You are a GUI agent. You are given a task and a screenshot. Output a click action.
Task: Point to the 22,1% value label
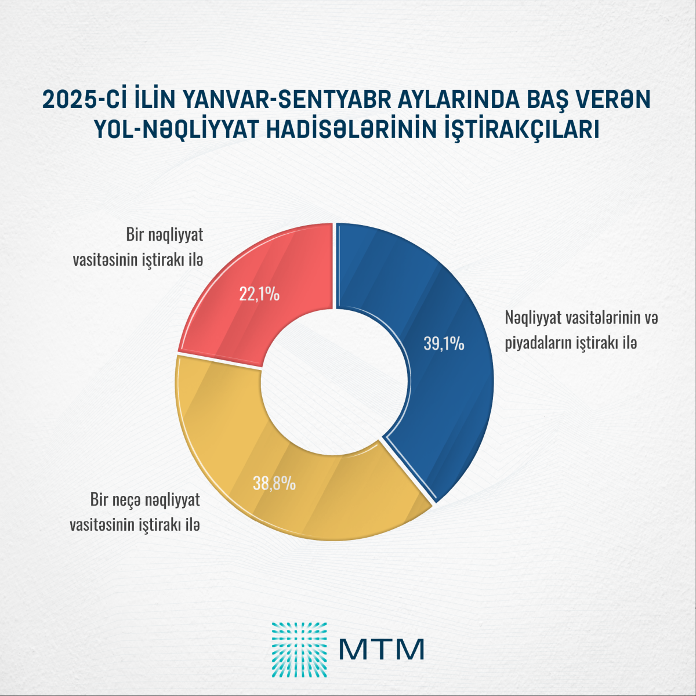pyautogui.click(x=259, y=295)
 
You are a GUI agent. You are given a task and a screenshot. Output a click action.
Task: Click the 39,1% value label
pyautogui.click(x=444, y=344)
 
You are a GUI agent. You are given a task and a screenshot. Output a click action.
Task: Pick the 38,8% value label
pyautogui.click(x=274, y=483)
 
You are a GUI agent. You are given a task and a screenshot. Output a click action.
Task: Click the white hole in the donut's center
pyautogui.click(x=335, y=383)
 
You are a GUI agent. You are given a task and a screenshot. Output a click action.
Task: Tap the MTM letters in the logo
pyautogui.click(x=382, y=649)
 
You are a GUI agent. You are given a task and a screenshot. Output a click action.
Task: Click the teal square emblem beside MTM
pyautogui.click(x=299, y=650)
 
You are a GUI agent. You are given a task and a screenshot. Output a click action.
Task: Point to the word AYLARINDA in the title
pyautogui.click(x=439, y=100)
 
